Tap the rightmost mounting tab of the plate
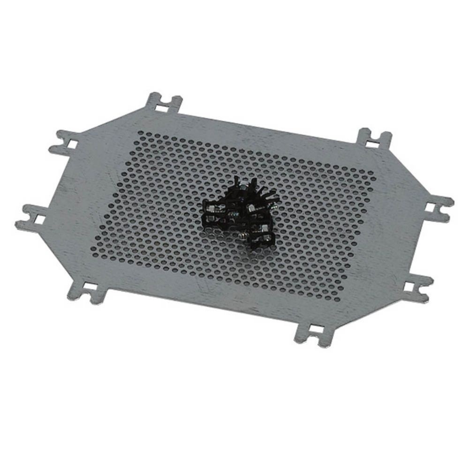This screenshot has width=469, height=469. click(x=438, y=207)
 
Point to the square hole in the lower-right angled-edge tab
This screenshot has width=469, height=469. click(x=410, y=285)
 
